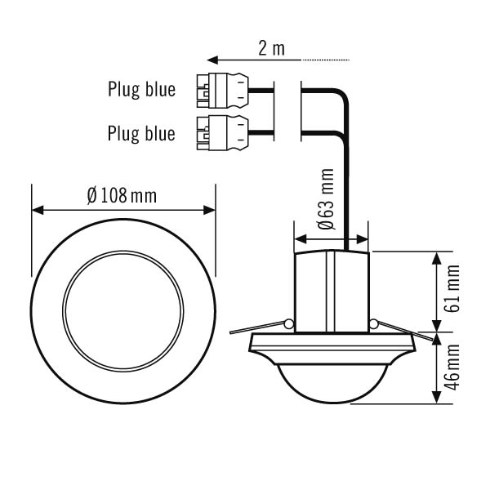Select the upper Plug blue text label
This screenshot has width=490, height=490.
[141, 89]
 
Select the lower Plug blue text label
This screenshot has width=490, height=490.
[141, 132]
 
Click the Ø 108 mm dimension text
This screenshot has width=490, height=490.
[122, 197]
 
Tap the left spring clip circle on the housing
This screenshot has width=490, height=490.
[288, 324]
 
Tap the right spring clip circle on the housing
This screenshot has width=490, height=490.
[373, 324]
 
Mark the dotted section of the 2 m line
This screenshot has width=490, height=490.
[327, 60]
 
